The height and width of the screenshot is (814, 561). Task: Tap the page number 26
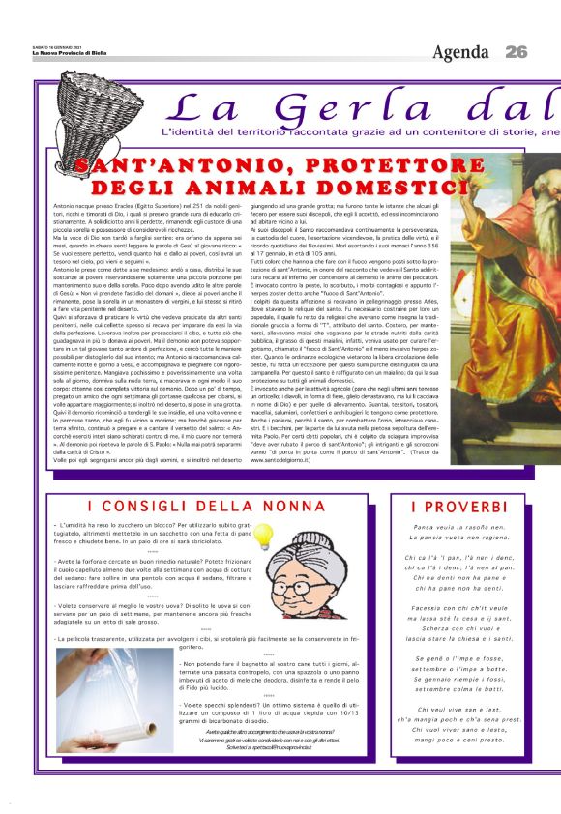coord(517,51)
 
